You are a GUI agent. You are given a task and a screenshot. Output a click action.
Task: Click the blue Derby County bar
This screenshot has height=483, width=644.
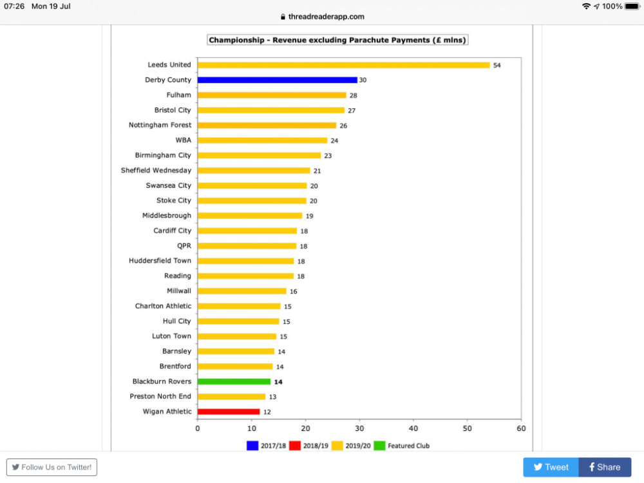tap(277, 80)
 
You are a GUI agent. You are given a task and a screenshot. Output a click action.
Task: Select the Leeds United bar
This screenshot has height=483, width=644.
tap(343, 65)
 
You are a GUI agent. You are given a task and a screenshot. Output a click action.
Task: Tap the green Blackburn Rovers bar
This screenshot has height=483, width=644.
tap(234, 381)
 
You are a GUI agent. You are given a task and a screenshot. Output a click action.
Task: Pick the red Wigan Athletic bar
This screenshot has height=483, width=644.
tap(229, 412)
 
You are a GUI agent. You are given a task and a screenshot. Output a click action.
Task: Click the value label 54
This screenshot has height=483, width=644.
tap(497, 65)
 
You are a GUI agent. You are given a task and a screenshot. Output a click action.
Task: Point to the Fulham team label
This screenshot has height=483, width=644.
tap(178, 95)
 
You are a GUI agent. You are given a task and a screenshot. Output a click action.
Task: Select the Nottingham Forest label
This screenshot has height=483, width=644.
tap(160, 125)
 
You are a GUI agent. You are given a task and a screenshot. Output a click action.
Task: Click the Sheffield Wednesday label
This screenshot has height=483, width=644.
tap(156, 170)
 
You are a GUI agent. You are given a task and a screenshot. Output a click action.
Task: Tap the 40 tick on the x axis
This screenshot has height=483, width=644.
tap(413, 428)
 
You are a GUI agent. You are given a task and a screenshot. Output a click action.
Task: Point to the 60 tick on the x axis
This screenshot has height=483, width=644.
tap(521, 428)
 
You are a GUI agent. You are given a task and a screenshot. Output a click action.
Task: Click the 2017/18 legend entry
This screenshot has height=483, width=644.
tap(267, 446)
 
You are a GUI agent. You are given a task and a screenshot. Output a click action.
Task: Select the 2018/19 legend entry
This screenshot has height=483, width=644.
tap(310, 446)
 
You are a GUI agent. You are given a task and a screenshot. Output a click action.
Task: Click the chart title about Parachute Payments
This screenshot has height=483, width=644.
tap(337, 40)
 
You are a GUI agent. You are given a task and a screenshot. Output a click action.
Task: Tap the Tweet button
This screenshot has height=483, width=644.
tap(551, 467)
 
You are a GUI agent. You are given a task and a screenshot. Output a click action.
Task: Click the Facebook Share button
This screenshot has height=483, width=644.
tap(605, 467)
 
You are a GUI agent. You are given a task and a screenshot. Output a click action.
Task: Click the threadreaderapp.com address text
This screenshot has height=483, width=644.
tap(326, 17)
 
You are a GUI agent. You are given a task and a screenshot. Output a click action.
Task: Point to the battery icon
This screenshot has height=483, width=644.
tap(632, 6)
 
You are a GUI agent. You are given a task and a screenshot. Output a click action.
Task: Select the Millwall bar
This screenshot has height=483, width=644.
tap(241, 291)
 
